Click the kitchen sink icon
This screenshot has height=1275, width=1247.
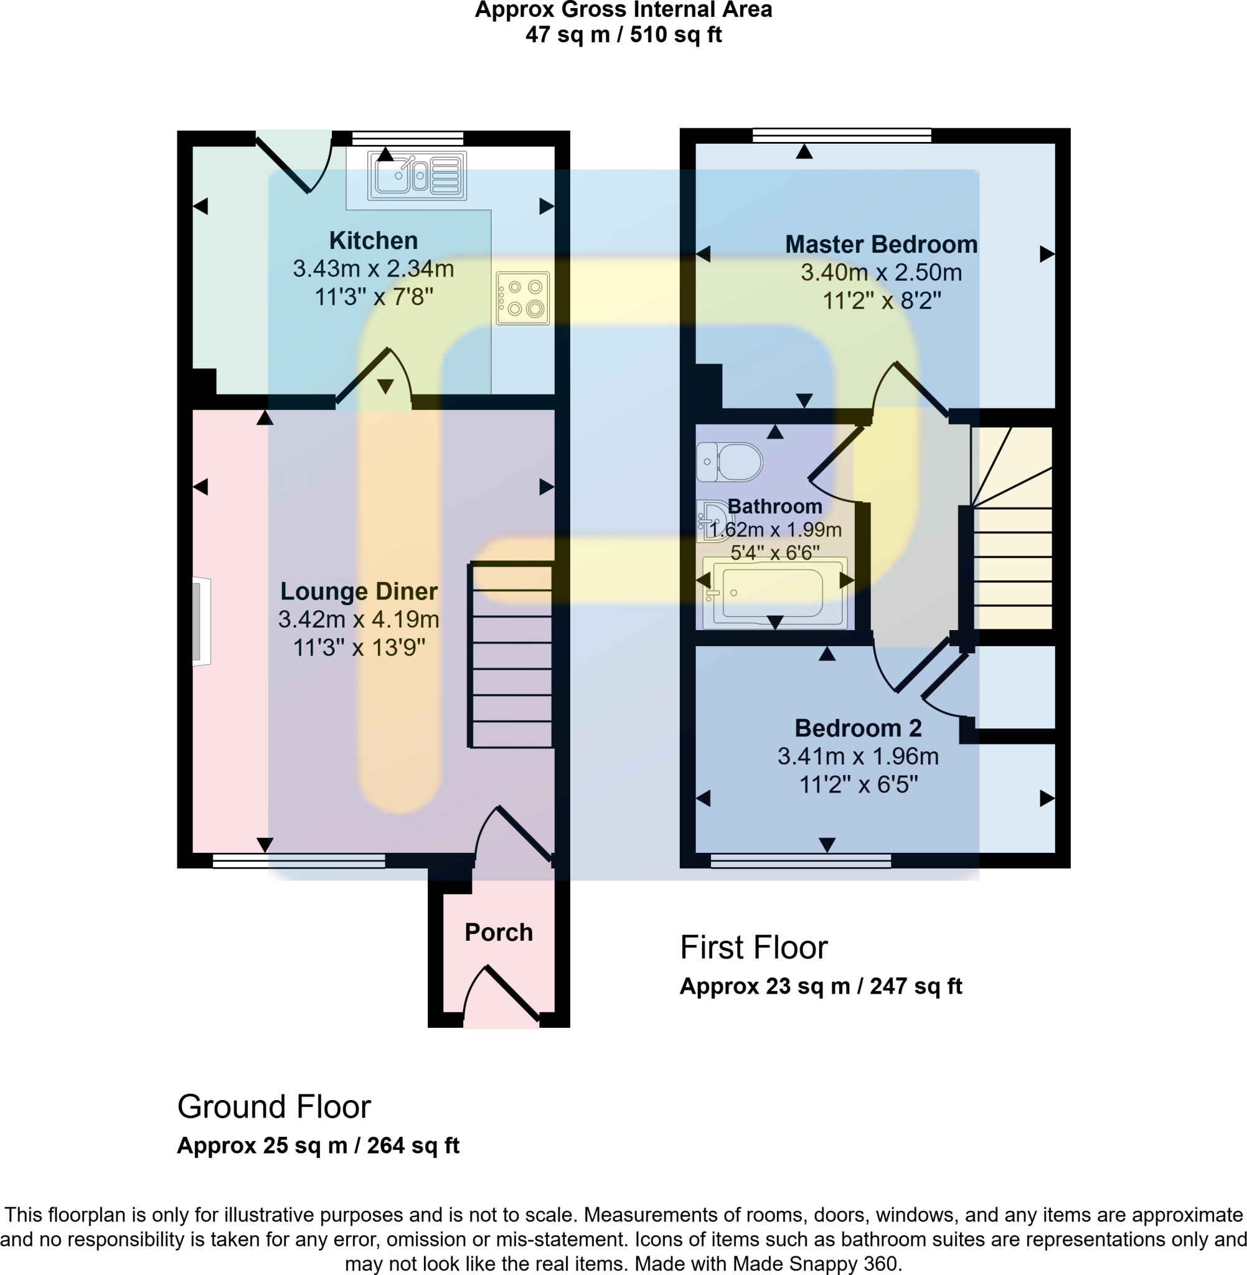pos(417,176)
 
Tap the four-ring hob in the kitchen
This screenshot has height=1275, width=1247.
pos(522,298)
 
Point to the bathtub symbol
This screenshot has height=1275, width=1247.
pos(774,593)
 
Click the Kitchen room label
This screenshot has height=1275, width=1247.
pos(374,240)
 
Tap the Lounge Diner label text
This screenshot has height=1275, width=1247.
pos(359,591)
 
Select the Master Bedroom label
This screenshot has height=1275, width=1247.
pos(881,244)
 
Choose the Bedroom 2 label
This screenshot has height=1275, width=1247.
pos(858,728)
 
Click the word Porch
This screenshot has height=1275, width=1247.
pos(499,933)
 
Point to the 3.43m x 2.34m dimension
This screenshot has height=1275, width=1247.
pos(374,268)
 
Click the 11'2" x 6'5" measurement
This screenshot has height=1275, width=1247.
pos(858,784)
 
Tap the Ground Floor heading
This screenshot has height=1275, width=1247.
pos(274,1107)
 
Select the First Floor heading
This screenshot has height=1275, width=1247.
pos(754,948)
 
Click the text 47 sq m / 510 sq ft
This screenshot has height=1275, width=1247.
pos(624,35)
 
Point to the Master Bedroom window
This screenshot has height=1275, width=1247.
pos(842,136)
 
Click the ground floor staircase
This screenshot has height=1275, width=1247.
pos(512,655)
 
